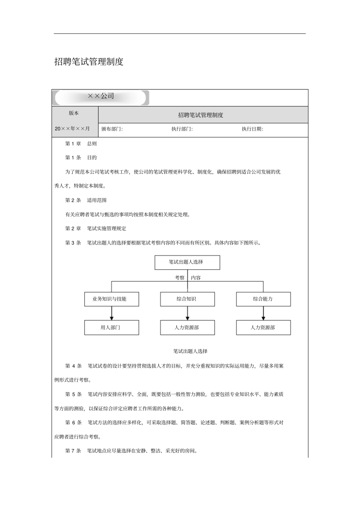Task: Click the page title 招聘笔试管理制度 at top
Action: click(89, 62)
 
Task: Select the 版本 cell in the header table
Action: click(74, 113)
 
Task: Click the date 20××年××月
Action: click(72, 129)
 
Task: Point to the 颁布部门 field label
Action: click(112, 129)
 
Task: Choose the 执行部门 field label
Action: click(182, 129)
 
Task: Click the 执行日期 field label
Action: click(252, 129)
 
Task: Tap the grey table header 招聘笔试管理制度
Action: click(201, 115)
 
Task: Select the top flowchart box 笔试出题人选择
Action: click(187, 262)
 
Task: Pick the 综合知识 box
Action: click(187, 299)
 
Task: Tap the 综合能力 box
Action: click(263, 299)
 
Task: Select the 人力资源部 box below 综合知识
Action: click(187, 328)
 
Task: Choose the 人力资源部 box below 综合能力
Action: click(263, 328)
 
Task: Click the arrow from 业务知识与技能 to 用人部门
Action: click(111, 313)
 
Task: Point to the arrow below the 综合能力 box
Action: click(263, 313)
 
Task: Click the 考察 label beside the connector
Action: click(180, 278)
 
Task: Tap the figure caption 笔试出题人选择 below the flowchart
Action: click(190, 352)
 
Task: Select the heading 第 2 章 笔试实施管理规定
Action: click(96, 229)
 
